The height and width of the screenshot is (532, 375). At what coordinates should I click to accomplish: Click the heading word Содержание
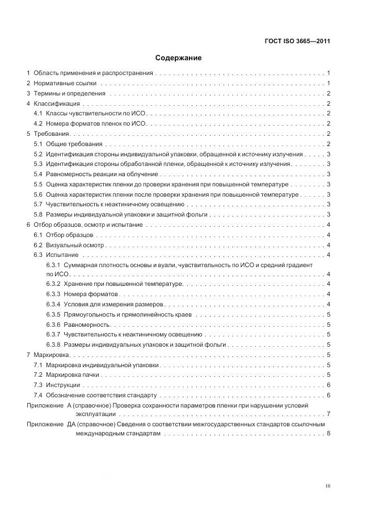point(178,58)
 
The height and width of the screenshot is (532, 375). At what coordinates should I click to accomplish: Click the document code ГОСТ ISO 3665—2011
point(298,41)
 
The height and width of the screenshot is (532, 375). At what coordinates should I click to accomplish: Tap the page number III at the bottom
point(327,487)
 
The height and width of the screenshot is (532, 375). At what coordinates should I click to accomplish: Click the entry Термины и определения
point(69,93)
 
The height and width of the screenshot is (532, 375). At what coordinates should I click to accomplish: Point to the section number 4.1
point(38,114)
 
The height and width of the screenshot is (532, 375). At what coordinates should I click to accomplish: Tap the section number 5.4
point(38,174)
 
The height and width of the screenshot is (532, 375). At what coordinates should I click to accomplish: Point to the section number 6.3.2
point(53,284)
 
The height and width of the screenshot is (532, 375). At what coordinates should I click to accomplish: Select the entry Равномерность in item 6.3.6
point(87,325)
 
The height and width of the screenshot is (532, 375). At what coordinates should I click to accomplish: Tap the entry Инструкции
point(63,385)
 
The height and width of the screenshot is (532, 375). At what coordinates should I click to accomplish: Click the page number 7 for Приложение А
point(328,414)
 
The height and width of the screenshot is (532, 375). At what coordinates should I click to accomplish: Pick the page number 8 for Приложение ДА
point(328,434)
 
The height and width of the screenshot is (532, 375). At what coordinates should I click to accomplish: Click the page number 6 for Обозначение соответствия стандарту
point(328,394)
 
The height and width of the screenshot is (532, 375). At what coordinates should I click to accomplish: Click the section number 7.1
point(38,364)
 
